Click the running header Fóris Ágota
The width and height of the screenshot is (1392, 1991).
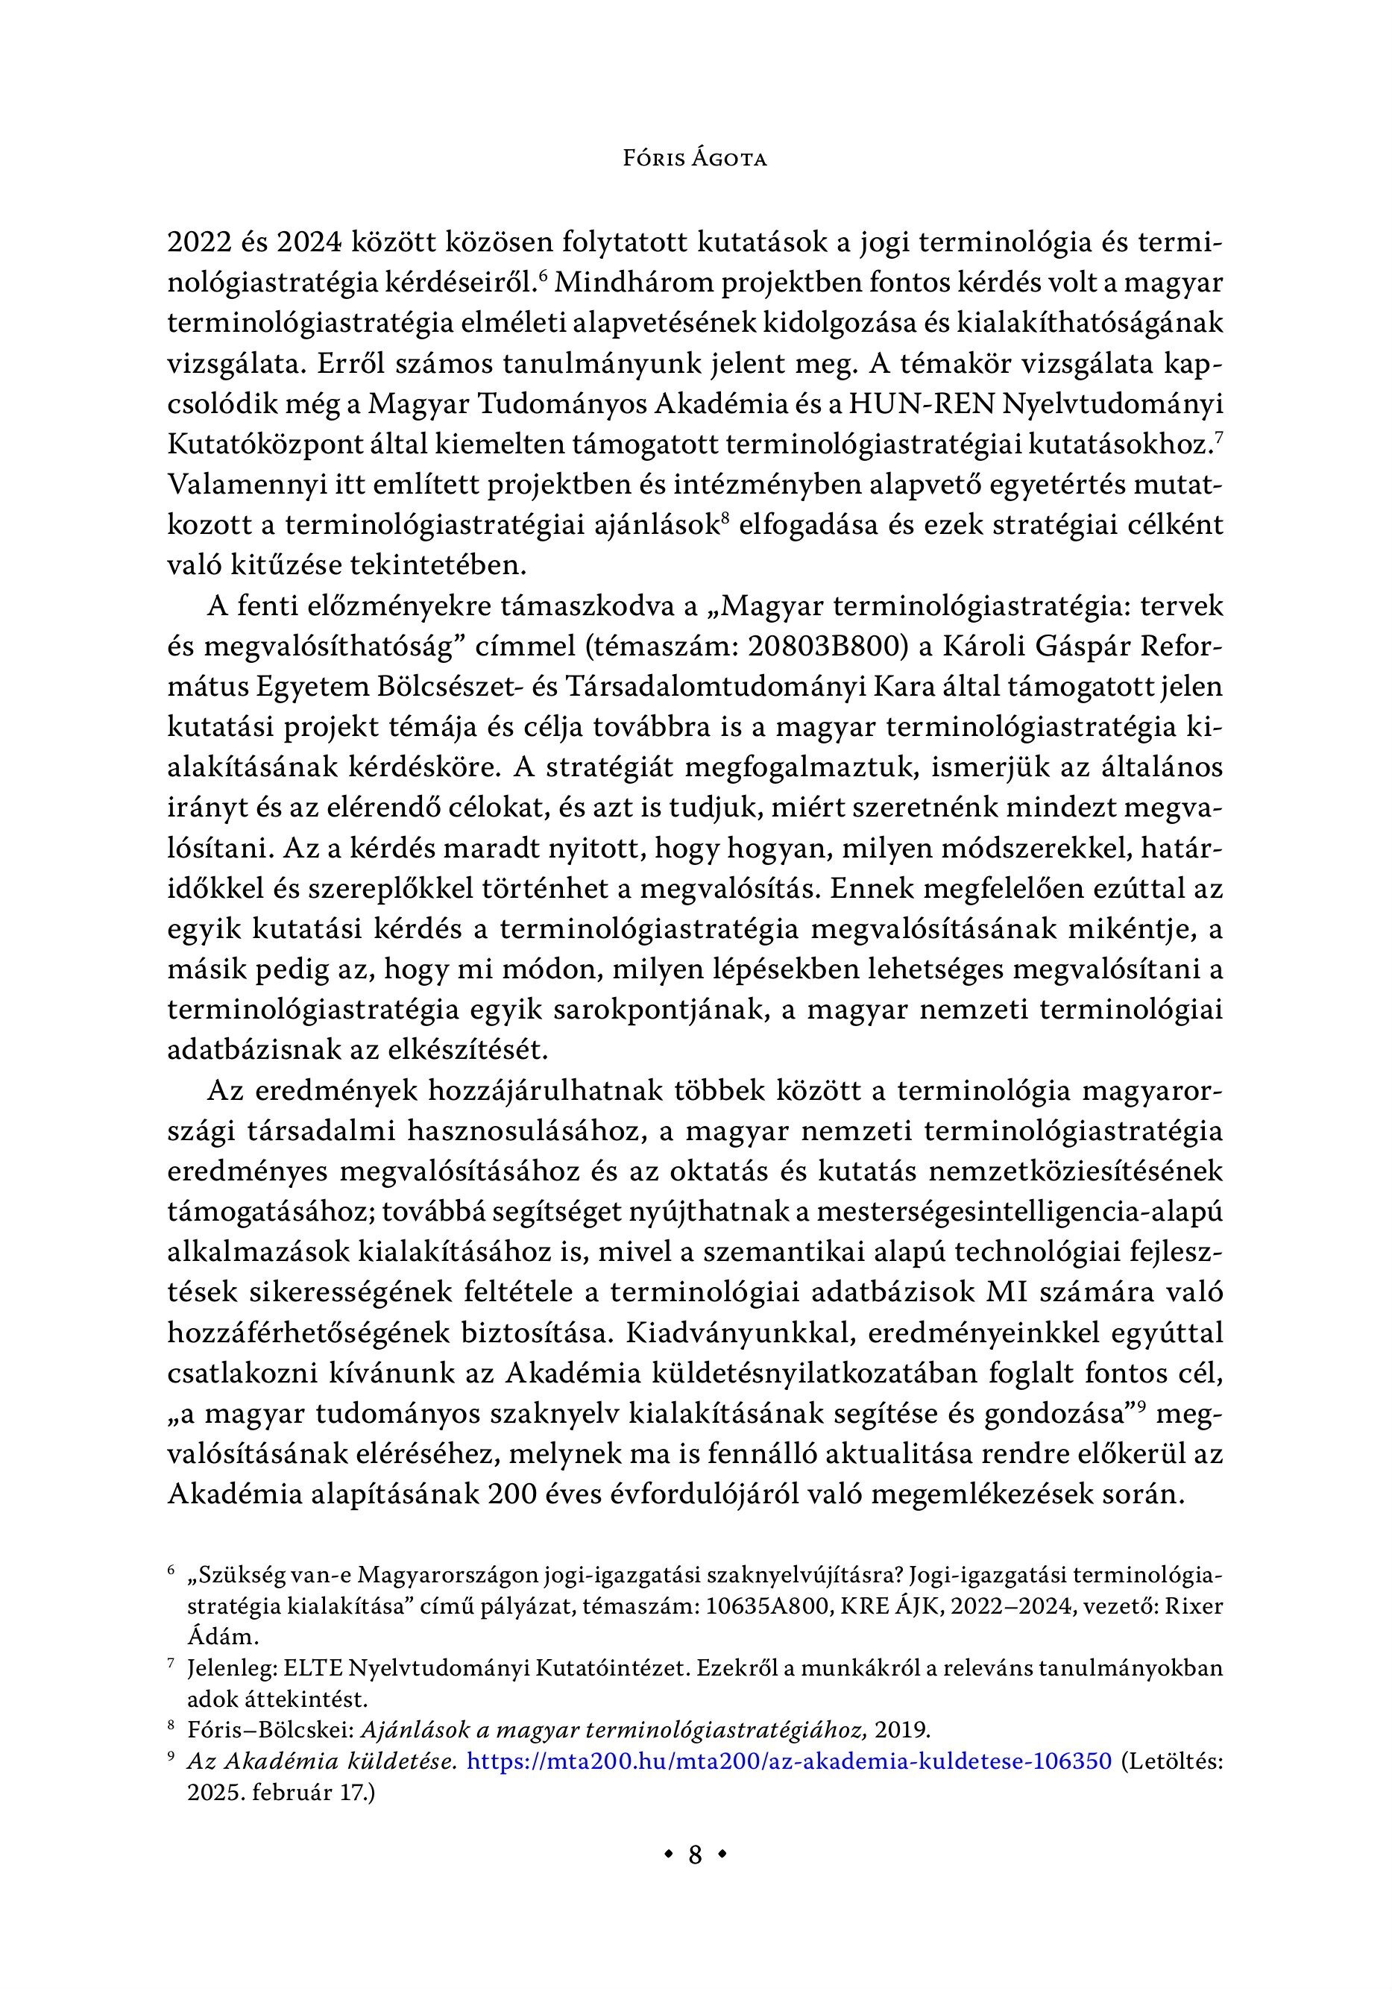tap(695, 160)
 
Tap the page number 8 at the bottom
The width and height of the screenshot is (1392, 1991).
tap(695, 1855)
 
